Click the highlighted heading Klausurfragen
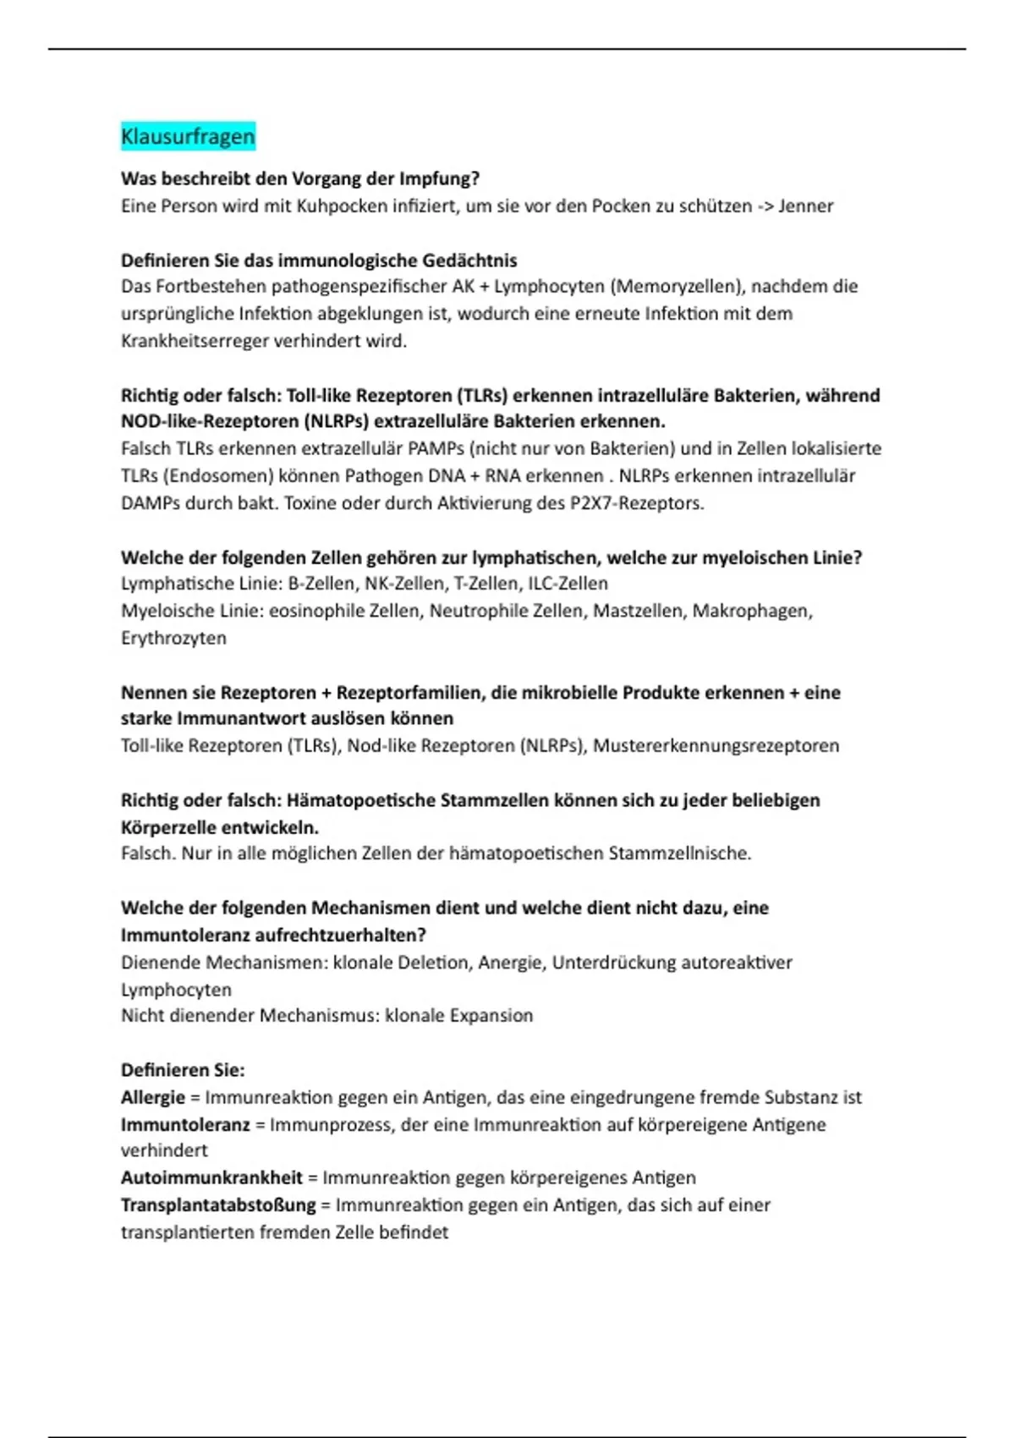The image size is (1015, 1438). coord(188,136)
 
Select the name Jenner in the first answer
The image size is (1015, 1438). coord(805,206)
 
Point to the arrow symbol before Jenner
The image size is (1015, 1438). coord(764,206)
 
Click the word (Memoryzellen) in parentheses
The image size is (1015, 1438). coord(675,286)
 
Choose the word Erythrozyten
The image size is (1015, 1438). coord(173,638)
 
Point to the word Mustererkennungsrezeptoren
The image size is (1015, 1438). coord(716,745)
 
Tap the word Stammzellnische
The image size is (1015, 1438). coord(678,853)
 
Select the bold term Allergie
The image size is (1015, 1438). coord(152,1097)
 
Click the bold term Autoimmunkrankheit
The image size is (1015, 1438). coord(211,1177)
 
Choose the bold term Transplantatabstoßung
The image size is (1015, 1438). coord(217,1205)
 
